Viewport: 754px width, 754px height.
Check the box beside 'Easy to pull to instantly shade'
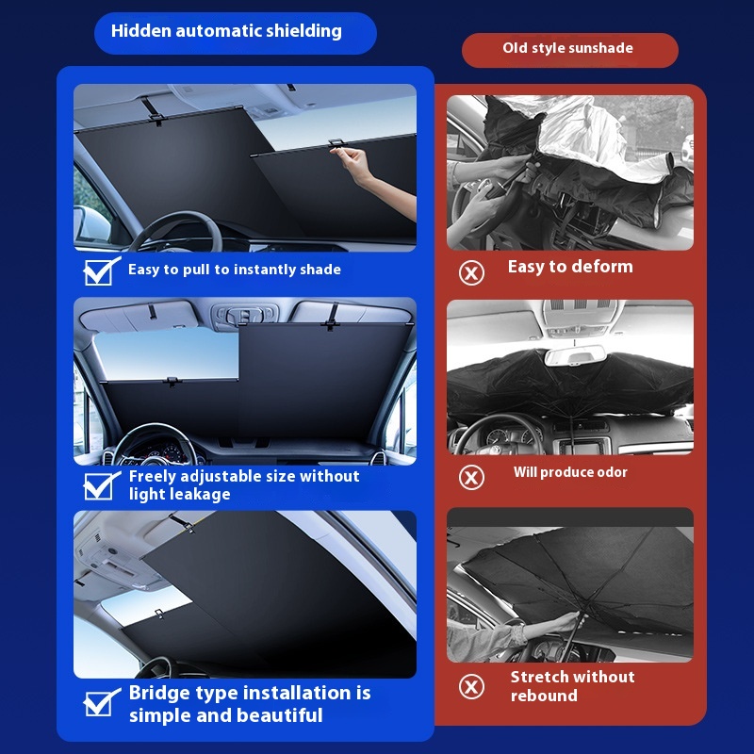(100, 271)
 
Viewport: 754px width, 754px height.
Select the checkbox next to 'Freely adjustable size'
(100, 485)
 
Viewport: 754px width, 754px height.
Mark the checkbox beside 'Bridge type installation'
(100, 702)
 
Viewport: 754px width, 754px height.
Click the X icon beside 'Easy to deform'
(471, 273)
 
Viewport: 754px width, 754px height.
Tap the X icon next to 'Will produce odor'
(471, 478)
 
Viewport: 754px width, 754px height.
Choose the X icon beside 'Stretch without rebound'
(471, 686)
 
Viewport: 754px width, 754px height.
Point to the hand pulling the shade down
(356, 162)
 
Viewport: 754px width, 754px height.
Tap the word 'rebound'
(544, 696)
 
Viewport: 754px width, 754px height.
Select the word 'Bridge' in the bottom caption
(156, 694)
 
